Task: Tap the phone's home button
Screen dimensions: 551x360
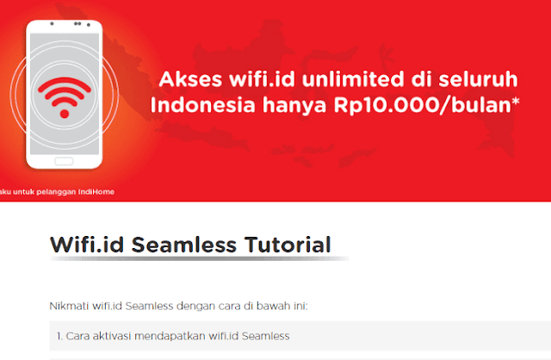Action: [x=64, y=161]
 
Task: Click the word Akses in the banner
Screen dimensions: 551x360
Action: [x=190, y=79]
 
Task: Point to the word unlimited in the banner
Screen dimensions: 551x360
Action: [x=353, y=79]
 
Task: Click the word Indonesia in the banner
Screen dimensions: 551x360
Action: [x=203, y=105]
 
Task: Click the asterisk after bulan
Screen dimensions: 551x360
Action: [x=516, y=102]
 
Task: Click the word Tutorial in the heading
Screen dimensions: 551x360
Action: [x=288, y=245]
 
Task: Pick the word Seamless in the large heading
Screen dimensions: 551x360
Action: [x=183, y=245]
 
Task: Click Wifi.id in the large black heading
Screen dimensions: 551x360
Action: [x=87, y=245]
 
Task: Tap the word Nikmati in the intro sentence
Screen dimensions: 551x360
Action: [x=69, y=306]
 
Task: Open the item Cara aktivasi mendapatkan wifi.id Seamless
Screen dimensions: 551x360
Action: [x=173, y=336]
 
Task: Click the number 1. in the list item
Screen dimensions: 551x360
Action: [x=59, y=336]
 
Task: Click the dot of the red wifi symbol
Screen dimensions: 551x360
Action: [x=65, y=114]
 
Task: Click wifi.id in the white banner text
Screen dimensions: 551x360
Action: [x=262, y=79]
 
